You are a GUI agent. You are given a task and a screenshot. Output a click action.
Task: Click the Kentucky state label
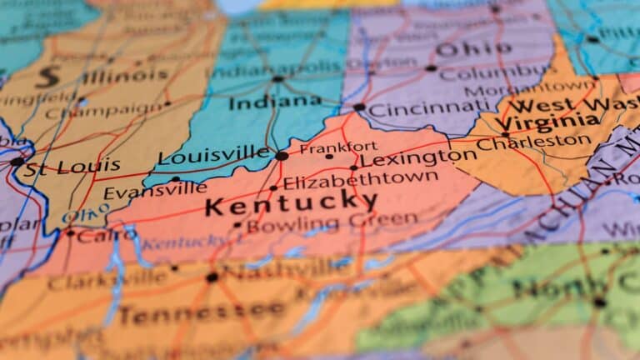pyautogui.click(x=291, y=202)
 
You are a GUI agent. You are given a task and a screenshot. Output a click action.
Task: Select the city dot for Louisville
pyautogui.click(x=282, y=156)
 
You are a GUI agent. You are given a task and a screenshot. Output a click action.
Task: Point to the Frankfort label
pyautogui.click(x=338, y=147)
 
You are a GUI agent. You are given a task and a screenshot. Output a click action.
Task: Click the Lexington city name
pyautogui.click(x=419, y=157)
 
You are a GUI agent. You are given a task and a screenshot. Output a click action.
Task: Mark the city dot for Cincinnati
pyautogui.click(x=358, y=107)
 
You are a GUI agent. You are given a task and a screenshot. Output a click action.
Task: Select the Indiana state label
pyautogui.click(x=275, y=102)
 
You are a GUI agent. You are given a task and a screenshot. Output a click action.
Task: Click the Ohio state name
pyautogui.click(x=462, y=49)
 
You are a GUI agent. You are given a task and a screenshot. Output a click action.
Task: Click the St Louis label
pyautogui.click(x=72, y=167)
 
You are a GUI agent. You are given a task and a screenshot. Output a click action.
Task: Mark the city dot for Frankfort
pyautogui.click(x=329, y=157)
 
